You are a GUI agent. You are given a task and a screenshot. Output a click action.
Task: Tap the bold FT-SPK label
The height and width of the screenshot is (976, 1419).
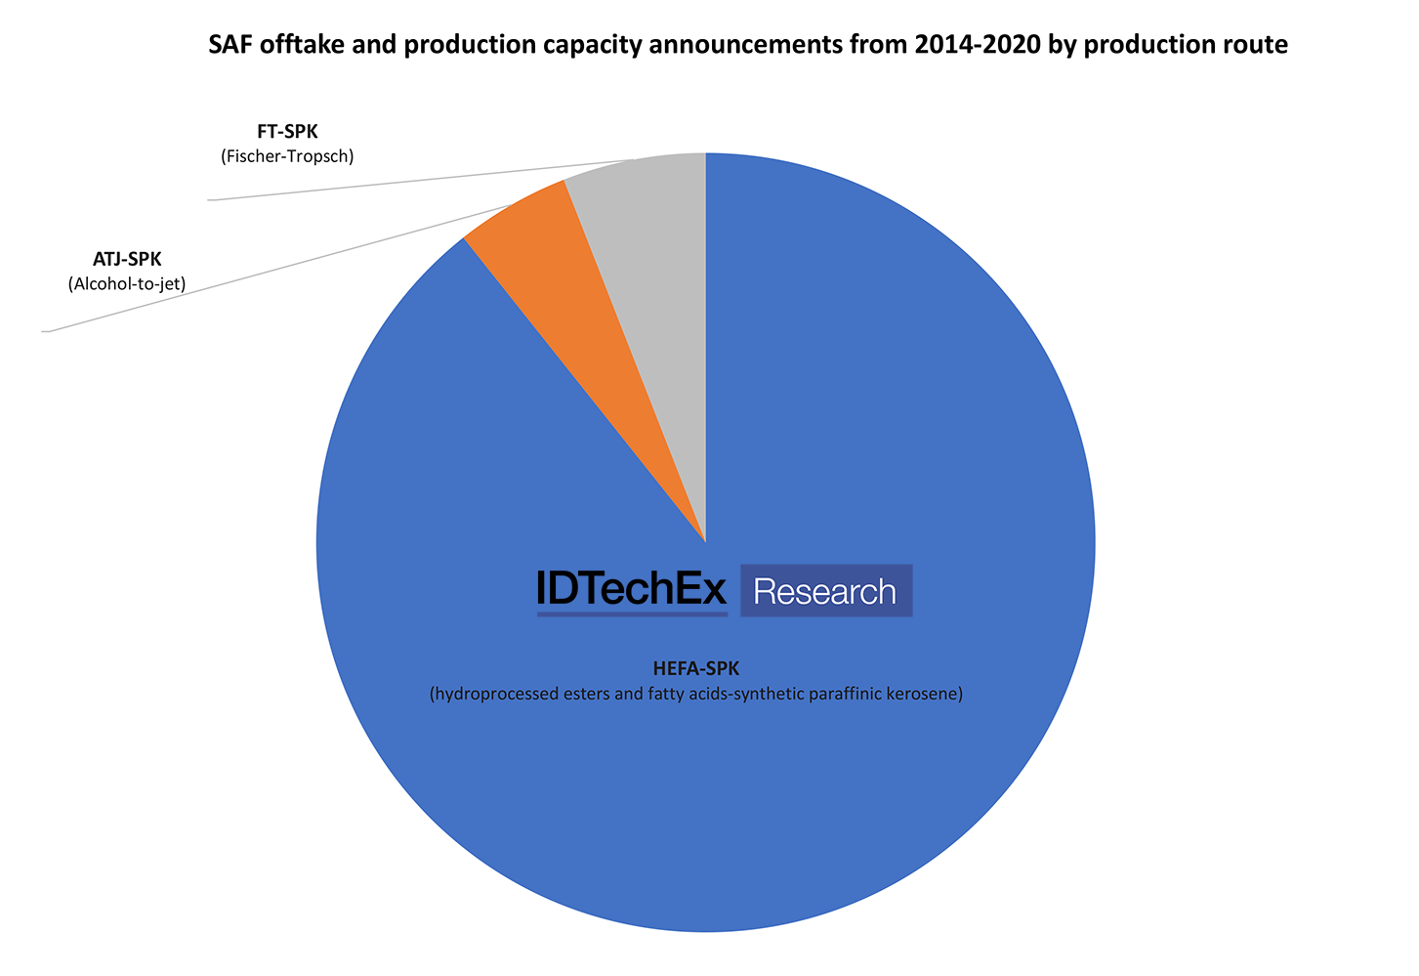pos(287,132)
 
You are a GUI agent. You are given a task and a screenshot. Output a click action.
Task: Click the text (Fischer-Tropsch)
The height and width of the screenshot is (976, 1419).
pos(287,156)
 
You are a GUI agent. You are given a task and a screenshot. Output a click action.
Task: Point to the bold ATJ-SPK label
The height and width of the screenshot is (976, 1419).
pos(127,260)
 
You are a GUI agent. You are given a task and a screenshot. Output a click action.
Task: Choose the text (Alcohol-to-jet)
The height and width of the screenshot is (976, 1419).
pos(127,284)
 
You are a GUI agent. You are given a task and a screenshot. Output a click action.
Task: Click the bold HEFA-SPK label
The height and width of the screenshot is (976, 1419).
pos(696,669)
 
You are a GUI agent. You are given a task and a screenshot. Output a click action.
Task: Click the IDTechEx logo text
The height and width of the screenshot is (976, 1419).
pos(632,590)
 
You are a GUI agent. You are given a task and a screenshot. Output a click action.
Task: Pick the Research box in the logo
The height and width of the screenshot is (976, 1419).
pos(825,591)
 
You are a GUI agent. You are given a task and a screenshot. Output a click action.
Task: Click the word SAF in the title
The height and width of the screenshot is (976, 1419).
pos(230,45)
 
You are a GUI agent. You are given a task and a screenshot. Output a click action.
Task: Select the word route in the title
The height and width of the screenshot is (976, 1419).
pos(1259,45)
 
